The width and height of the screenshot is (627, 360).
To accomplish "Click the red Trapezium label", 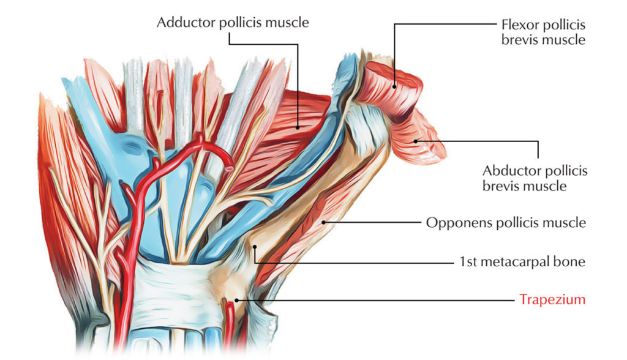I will (x=552, y=300).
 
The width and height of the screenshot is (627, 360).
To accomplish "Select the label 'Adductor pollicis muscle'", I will (x=233, y=23).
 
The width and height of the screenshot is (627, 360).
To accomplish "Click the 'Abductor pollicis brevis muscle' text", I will (x=535, y=178).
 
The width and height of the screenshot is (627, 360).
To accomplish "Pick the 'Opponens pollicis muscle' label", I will (x=506, y=223).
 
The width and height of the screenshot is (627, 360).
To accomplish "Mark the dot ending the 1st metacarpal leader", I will (x=255, y=246).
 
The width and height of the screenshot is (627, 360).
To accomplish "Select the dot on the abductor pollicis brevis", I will (x=416, y=141).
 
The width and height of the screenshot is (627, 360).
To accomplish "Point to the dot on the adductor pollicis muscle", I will (x=298, y=127).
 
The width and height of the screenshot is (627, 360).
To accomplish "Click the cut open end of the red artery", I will (x=228, y=164).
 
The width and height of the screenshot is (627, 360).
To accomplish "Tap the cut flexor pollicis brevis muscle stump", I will (x=392, y=92).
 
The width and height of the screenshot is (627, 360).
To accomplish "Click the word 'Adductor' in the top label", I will (x=181, y=23).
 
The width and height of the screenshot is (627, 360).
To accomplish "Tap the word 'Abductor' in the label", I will (x=506, y=171).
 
